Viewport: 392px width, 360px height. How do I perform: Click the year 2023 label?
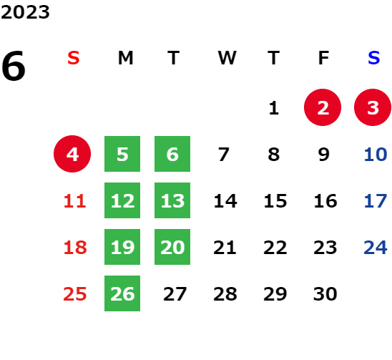click(25, 12)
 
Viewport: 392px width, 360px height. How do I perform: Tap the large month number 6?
click(14, 66)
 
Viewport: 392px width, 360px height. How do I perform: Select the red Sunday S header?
click(74, 58)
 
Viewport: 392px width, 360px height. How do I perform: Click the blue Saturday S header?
click(373, 58)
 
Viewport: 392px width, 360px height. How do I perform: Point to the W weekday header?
click(227, 58)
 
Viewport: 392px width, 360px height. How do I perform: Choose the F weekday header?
click(323, 58)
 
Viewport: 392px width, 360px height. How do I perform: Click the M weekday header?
click(125, 58)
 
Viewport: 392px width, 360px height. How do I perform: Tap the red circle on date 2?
click(323, 107)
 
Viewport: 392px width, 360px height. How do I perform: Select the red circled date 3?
click(373, 107)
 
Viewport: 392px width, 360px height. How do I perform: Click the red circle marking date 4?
click(72, 154)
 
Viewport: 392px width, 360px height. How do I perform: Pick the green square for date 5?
click(122, 154)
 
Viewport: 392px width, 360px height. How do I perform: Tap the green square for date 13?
click(172, 200)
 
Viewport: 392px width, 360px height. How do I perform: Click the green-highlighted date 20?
click(172, 247)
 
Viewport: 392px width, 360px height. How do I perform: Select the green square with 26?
click(122, 293)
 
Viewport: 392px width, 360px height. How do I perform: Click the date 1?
click(274, 108)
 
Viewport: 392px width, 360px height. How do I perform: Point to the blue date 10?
click(376, 155)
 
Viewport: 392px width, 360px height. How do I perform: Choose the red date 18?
click(75, 248)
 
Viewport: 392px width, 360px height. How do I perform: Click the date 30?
click(325, 294)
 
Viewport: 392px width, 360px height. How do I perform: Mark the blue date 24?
click(376, 248)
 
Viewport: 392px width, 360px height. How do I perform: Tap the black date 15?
click(275, 201)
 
